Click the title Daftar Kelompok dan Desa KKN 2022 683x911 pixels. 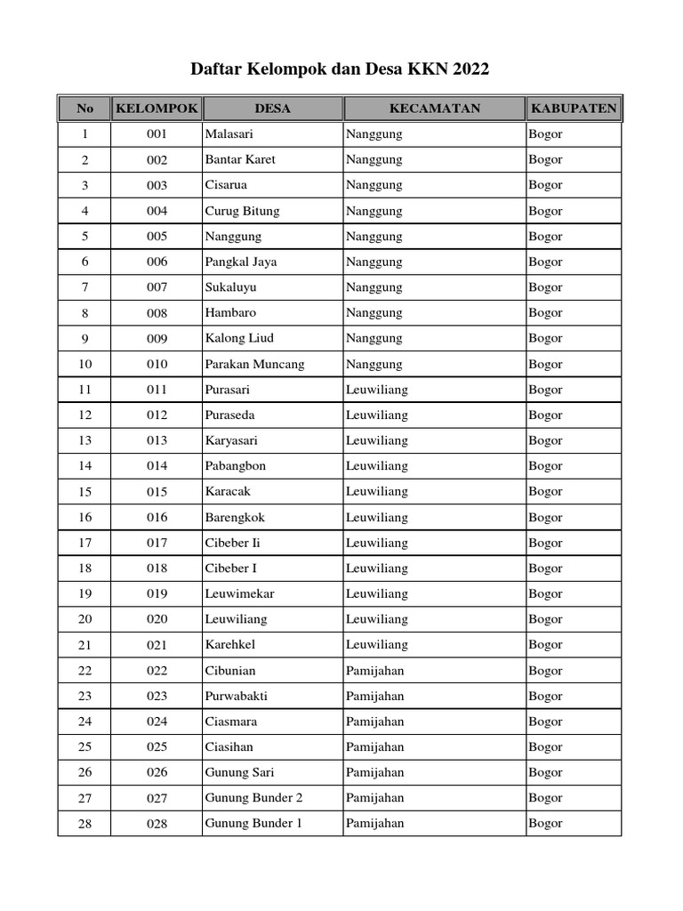pyautogui.click(x=341, y=69)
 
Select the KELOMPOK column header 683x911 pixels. pyautogui.click(x=157, y=109)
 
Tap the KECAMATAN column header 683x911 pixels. pyautogui.click(x=434, y=109)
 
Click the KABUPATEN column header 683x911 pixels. pyautogui.click(x=574, y=109)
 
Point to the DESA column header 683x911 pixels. pyautogui.click(x=272, y=109)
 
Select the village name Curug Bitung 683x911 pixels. pyautogui.click(x=242, y=211)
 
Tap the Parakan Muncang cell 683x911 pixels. pyautogui.click(x=254, y=364)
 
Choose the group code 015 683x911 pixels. pyautogui.click(x=157, y=492)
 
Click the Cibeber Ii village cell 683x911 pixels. pyautogui.click(x=232, y=543)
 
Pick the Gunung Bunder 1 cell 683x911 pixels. pyautogui.click(x=253, y=823)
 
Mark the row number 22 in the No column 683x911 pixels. pyautogui.click(x=84, y=671)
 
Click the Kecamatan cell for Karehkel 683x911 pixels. pyautogui.click(x=376, y=644)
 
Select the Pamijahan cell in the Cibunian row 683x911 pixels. pyautogui.click(x=374, y=671)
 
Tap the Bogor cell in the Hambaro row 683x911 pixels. pyautogui.click(x=545, y=312)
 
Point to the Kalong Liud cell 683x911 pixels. pyautogui.click(x=239, y=338)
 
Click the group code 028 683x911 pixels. pyautogui.click(x=157, y=824)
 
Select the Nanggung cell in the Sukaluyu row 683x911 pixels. pyautogui.click(x=374, y=287)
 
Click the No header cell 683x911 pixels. pyautogui.click(x=84, y=109)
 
